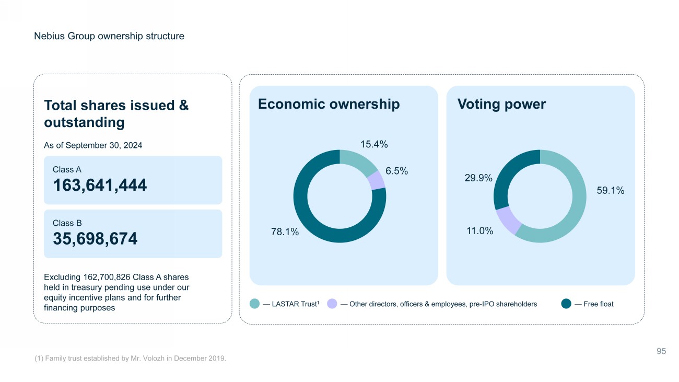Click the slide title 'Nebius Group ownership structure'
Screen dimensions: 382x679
109,36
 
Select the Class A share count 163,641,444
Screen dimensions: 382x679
100,185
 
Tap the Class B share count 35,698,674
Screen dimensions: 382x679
95,238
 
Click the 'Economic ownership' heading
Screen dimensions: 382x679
329,104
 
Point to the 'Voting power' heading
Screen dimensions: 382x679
501,104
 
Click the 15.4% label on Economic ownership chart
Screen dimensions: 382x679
374,144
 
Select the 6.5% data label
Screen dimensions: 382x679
396,171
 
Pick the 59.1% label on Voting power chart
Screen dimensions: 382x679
610,191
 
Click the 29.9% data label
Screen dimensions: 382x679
478,178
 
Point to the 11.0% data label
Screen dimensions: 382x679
479,230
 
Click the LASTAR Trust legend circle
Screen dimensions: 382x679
254,304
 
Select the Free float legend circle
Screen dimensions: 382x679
566,304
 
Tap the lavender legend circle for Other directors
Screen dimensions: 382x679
332,304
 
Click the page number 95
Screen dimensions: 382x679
661,351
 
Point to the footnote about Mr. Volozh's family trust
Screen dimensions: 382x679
130,358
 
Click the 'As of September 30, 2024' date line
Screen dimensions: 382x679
93,145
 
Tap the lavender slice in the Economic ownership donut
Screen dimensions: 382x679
377,181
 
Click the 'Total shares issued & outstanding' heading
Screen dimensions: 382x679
116,113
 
